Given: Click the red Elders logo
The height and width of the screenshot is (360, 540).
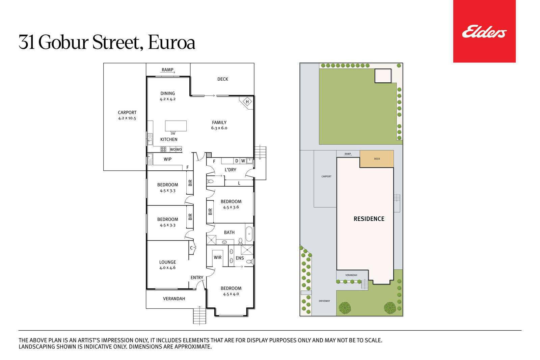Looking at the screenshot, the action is coord(484,31).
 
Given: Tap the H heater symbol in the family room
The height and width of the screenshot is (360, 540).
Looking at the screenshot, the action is coord(247,102).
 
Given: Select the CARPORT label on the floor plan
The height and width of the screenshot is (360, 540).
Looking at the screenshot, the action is coord(127,113).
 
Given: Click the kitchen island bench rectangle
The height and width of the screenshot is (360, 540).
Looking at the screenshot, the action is coord(176,126).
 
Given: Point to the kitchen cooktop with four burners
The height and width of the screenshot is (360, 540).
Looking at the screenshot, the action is coord(163,149).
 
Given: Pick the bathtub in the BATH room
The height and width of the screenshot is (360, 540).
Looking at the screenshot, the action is coord(249,234).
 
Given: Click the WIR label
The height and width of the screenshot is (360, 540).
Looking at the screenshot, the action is coord(217,257).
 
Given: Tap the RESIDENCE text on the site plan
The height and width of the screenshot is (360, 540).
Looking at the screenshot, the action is coord(369,219).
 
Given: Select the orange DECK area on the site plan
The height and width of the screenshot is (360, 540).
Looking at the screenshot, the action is coord(377,159).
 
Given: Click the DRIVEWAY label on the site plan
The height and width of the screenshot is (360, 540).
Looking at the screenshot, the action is coord(324,301).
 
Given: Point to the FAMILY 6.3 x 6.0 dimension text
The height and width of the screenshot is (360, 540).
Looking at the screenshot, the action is coord(219,128).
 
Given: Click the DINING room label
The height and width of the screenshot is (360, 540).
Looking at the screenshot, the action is coord(167,93).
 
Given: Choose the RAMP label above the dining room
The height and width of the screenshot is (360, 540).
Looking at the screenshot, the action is coord(167,70).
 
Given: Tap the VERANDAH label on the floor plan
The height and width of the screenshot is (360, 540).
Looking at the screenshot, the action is coord(174,299).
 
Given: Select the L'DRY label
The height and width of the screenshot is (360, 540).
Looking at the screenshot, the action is coord(231,170).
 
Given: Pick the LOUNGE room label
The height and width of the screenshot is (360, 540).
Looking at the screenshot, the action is coord(167,262).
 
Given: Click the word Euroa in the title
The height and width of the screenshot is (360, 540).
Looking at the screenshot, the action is coord(171,43).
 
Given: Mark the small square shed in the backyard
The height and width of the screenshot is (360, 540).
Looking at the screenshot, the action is coord(383,76).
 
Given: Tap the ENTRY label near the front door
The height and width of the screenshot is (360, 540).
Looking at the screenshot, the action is coord(197,278).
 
